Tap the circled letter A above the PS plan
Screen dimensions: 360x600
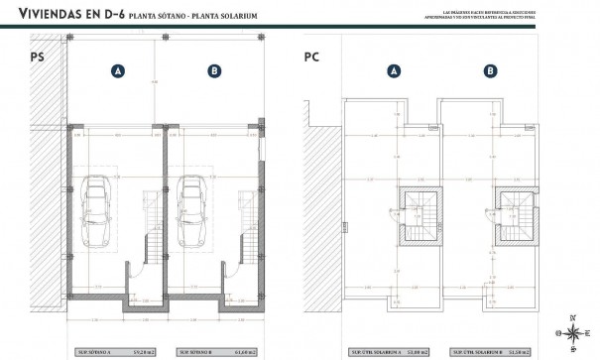pos(118,70)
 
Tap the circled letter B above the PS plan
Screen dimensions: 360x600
pos(213,70)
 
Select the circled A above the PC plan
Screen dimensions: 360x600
pos(394,70)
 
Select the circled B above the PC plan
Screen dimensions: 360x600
pos(489,70)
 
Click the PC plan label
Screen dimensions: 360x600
pos(310,58)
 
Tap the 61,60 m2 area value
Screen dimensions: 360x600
pos(239,351)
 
